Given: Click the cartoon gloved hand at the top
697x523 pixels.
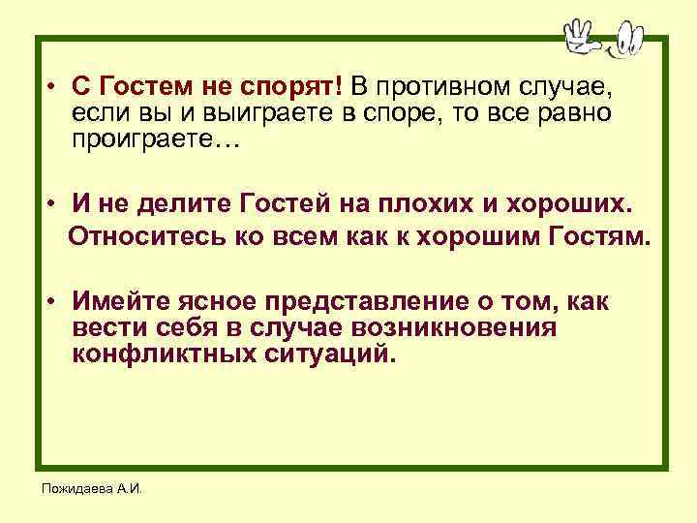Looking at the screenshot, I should (x=582, y=36).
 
